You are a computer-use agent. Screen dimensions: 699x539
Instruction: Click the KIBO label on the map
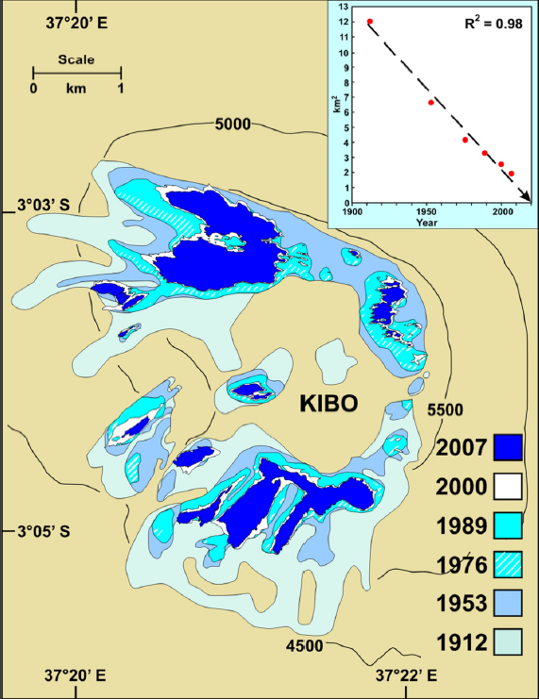tap(328, 404)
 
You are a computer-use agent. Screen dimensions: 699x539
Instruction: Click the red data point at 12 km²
tap(370, 22)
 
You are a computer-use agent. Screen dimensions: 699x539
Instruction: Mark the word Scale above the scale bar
tap(76, 58)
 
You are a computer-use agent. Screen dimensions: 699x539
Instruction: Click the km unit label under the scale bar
tap(76, 89)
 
